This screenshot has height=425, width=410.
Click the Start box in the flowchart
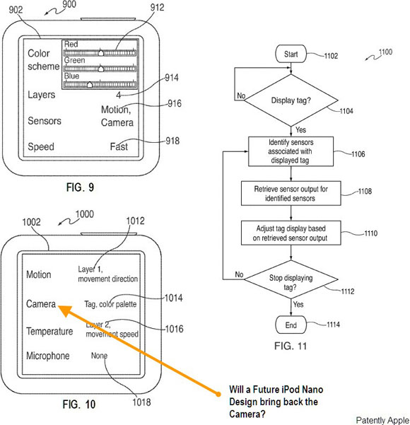point(291,54)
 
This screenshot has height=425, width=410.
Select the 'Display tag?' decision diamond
point(291,100)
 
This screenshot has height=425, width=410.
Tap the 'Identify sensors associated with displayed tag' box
point(291,151)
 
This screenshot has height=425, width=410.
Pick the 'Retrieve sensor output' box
point(291,193)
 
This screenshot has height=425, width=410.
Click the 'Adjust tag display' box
point(291,233)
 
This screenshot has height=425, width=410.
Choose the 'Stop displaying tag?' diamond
point(291,279)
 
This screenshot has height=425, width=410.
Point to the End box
point(291,325)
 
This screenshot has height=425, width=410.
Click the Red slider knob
point(101,52)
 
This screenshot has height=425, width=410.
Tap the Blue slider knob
point(90,85)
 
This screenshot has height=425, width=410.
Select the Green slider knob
point(101,69)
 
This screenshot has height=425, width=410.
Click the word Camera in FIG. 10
point(41,304)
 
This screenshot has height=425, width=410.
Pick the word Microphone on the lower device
point(48,356)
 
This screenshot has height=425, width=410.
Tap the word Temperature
point(49,332)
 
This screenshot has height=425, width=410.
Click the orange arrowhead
point(66,311)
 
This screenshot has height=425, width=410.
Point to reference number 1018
point(141,402)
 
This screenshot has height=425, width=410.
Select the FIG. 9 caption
point(80,187)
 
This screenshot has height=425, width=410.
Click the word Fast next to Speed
point(119,146)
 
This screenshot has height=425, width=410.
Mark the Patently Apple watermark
point(382,420)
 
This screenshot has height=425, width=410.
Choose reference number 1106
point(358,154)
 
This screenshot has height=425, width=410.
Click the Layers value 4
point(119,95)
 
